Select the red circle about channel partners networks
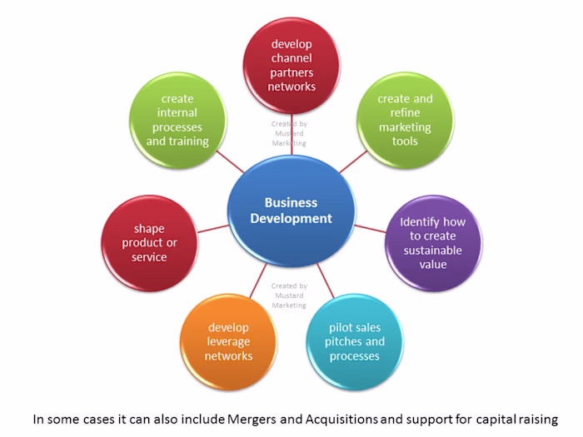pos(291,65)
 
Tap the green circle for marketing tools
pos(405,120)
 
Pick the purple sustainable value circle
pos(433,243)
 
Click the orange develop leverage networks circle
pos(228,341)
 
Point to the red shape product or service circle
pos(149,243)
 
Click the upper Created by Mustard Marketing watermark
pos(289,133)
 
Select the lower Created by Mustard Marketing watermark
pos(289,295)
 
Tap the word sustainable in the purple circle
pos(433,250)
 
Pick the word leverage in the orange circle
pos(228,342)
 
